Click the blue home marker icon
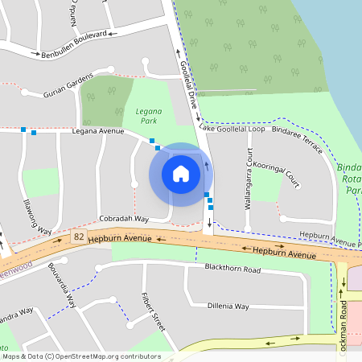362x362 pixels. [x=181, y=174]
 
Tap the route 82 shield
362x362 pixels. [x=78, y=237]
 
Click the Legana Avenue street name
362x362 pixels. [x=97, y=130]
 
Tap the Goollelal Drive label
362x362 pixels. [x=188, y=84]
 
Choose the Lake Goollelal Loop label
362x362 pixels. [x=232, y=129]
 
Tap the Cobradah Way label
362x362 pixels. [x=124, y=219]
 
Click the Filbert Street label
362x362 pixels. [x=153, y=312]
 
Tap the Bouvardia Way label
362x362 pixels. [x=61, y=286]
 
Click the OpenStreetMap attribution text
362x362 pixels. [x=80, y=356]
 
